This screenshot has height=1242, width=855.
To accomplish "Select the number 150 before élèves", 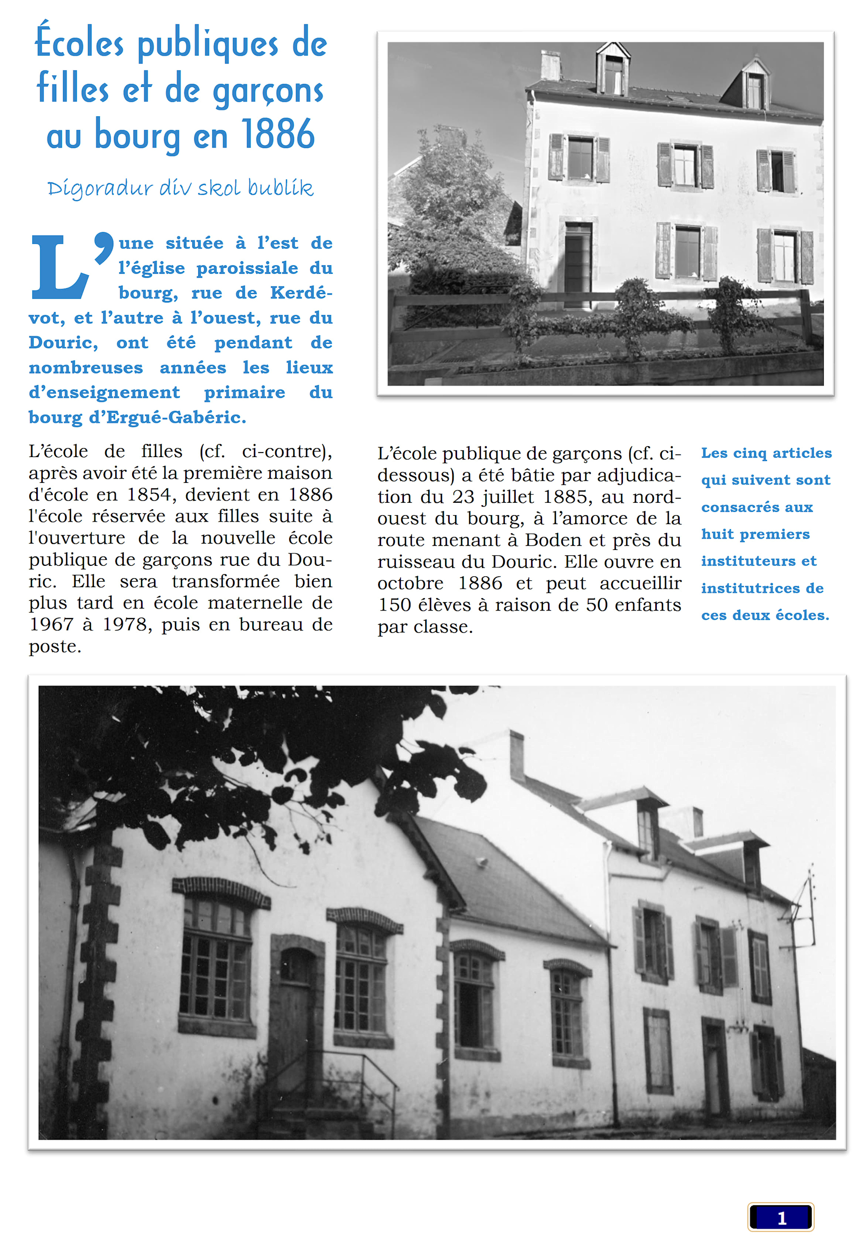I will [394, 605].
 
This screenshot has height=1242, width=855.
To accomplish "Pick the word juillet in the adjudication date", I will [508, 497].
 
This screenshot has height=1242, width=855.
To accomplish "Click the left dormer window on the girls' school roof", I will [614, 73].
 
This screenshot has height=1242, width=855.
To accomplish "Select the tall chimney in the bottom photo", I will [517, 756].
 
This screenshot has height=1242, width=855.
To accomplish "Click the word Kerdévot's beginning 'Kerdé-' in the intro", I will [301, 293].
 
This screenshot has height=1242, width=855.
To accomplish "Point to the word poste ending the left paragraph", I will [55, 647].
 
